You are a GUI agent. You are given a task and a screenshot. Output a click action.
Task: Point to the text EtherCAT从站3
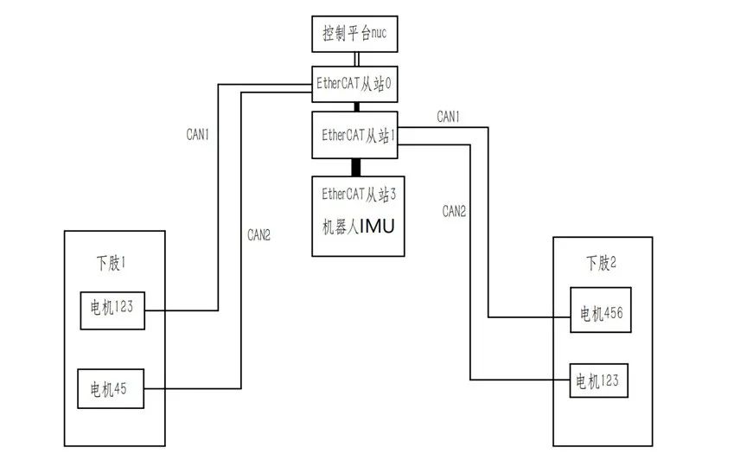(x=358, y=193)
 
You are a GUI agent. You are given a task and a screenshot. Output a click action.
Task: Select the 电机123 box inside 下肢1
(x=112, y=309)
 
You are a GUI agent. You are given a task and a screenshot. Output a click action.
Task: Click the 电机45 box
(x=110, y=388)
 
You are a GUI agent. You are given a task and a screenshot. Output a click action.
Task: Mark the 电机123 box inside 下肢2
(x=598, y=380)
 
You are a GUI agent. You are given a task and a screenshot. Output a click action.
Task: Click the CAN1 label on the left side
(x=198, y=135)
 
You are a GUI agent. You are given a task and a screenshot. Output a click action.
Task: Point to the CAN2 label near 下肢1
(x=259, y=234)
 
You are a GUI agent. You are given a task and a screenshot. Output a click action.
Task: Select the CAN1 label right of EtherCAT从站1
(x=448, y=116)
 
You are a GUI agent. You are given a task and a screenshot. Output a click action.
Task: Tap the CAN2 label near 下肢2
(x=455, y=210)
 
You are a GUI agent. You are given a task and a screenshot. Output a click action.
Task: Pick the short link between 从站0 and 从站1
(x=355, y=107)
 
